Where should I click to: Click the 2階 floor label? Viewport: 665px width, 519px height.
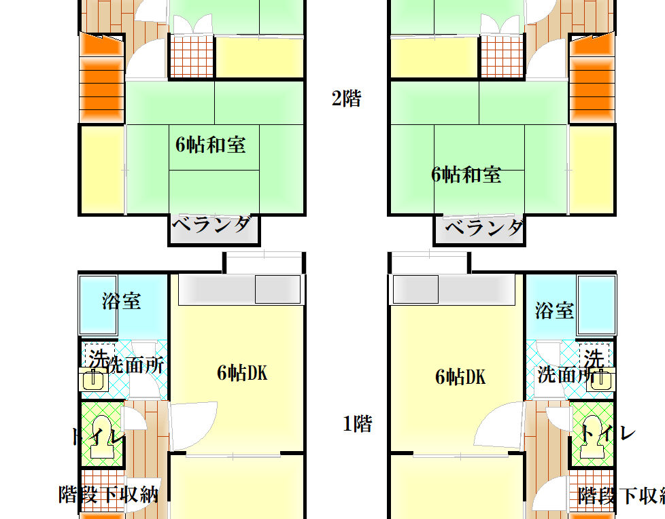coord(346,99)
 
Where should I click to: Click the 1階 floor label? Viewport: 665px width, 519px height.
coord(357,423)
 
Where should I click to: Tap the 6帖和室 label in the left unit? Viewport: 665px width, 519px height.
coord(211,145)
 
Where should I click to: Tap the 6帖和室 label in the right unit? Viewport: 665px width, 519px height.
coord(466,175)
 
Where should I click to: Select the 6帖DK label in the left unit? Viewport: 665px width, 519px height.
coord(242,373)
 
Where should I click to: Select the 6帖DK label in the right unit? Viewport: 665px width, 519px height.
coord(460,376)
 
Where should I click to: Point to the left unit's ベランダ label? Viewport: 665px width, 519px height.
coord(211,224)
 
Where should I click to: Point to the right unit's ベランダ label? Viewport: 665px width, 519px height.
coord(484,228)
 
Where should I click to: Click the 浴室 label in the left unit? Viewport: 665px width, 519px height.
coord(121,301)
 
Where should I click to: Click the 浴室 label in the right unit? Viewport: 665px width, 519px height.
coord(554,310)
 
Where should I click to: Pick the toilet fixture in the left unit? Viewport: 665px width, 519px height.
coord(102,436)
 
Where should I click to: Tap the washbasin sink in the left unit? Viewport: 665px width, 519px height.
coord(93,379)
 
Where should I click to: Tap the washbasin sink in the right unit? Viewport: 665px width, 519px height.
coord(601,379)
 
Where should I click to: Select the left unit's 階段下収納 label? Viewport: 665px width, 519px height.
coord(109,495)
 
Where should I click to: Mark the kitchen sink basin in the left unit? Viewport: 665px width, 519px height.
coord(277,289)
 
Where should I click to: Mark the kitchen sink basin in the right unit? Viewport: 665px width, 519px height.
coord(415,289)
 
